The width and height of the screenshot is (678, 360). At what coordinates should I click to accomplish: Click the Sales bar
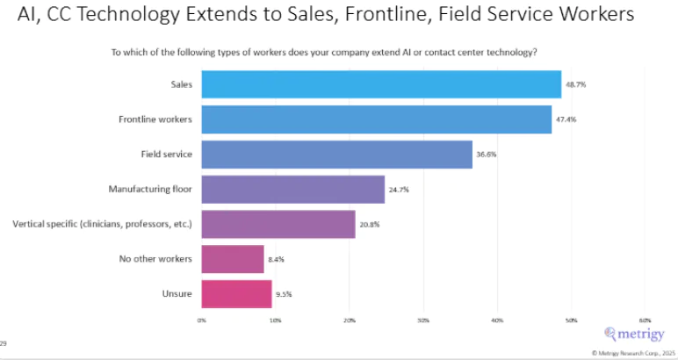tap(381, 84)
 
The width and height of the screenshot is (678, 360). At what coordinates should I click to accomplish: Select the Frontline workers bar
tap(376, 119)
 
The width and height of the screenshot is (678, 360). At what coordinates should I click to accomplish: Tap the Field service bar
tap(336, 154)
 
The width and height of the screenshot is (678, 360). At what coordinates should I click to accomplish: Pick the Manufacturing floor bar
tap(292, 189)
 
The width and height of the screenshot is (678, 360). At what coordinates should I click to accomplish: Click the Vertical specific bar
tap(278, 224)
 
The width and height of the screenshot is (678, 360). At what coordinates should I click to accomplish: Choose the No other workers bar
tap(233, 259)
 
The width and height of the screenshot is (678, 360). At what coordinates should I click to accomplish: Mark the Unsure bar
tap(236, 293)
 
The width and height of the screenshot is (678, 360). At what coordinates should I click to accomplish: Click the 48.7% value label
tap(573, 84)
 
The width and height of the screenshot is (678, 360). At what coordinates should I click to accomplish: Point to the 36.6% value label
tap(486, 154)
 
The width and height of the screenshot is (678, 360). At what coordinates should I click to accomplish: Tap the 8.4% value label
tap(276, 259)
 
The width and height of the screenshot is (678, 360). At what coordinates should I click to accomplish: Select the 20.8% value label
tap(369, 224)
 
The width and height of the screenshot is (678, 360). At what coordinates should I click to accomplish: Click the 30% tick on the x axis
tap(423, 320)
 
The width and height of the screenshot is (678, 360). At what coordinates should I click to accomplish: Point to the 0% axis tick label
tap(202, 320)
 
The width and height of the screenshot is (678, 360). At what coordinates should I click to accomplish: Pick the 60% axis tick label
tap(645, 320)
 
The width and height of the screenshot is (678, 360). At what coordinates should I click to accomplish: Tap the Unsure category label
tap(179, 293)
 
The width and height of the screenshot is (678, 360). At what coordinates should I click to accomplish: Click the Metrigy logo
tap(635, 334)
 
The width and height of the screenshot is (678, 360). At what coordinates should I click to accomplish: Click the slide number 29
tap(4, 342)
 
